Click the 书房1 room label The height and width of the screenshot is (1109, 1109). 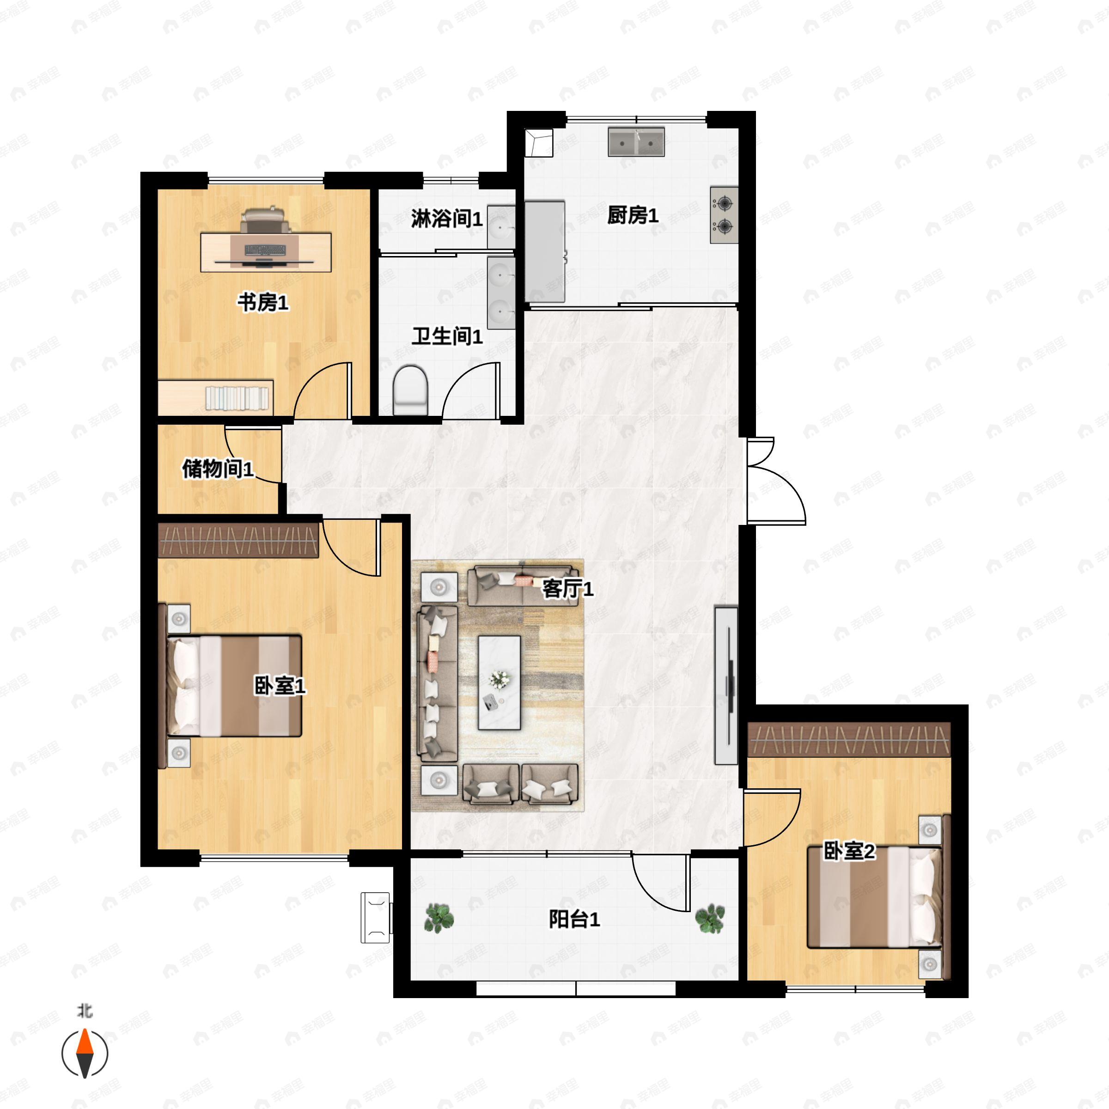(x=263, y=302)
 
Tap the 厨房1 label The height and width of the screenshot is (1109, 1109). (x=633, y=215)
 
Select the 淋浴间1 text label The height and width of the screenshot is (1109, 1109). (x=446, y=218)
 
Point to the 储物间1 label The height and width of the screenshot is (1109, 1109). (x=218, y=469)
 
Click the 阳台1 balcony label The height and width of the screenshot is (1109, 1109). (x=574, y=919)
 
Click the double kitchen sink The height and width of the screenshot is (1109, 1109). (x=636, y=142)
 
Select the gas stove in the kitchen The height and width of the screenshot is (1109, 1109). (x=724, y=215)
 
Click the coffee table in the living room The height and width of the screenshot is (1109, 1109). (x=500, y=682)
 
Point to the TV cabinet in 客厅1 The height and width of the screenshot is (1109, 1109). (x=725, y=685)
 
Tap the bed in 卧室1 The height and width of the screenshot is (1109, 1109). (x=234, y=686)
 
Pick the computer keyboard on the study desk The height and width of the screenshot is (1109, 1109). (x=265, y=250)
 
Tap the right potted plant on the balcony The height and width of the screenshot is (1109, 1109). (x=710, y=919)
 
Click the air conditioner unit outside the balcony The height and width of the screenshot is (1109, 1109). (x=376, y=917)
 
